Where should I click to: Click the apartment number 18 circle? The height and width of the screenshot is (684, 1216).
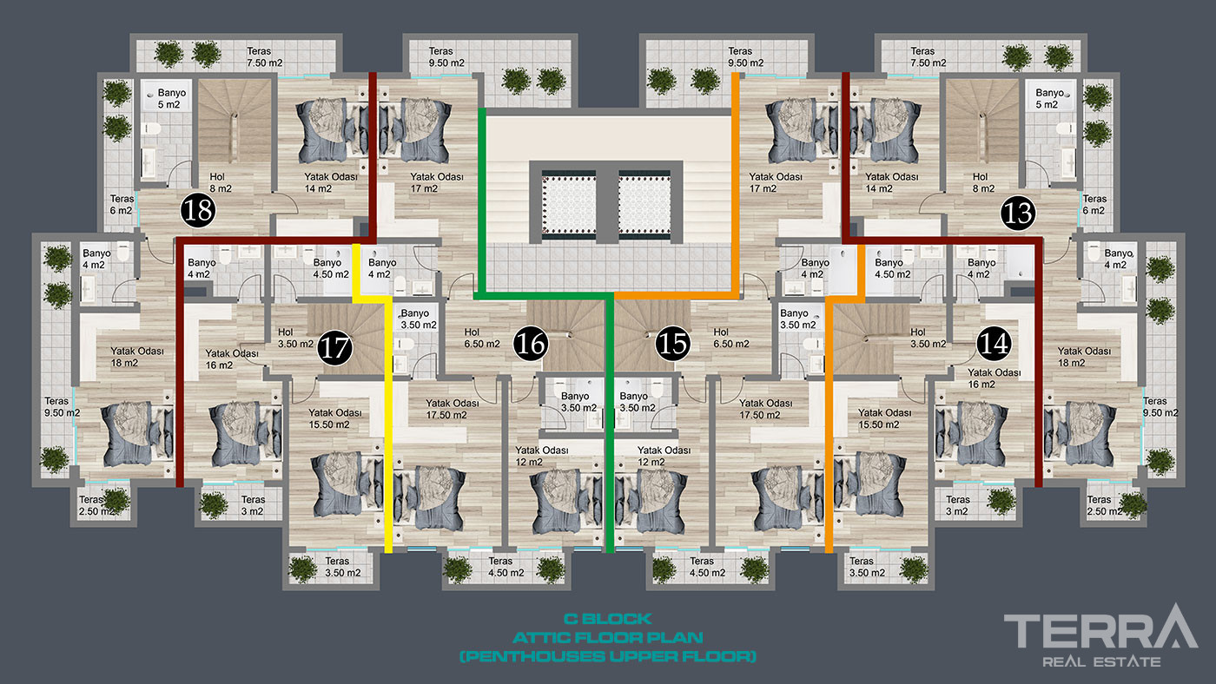pyautogui.click(x=198, y=209)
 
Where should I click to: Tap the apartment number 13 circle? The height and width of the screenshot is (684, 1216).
pyautogui.click(x=1018, y=213)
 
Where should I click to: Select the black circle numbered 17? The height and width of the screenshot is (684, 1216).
pyautogui.click(x=335, y=348)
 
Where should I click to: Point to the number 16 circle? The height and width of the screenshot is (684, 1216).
pyautogui.click(x=531, y=344)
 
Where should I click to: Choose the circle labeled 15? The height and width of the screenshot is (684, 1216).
pyautogui.click(x=673, y=344)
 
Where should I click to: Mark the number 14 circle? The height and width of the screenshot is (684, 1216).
pyautogui.click(x=994, y=344)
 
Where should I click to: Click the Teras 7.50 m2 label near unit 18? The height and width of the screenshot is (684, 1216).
pyautogui.click(x=264, y=57)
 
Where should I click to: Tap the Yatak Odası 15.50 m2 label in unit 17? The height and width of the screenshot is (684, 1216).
pyautogui.click(x=335, y=418)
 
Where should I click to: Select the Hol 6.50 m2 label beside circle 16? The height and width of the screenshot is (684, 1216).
pyautogui.click(x=481, y=338)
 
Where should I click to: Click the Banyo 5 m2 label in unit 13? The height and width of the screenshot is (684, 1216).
pyautogui.click(x=1049, y=99)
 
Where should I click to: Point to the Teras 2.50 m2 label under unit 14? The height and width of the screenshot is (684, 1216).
pyautogui.click(x=1104, y=505)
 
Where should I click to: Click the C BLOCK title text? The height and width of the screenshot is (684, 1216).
pyautogui.click(x=607, y=619)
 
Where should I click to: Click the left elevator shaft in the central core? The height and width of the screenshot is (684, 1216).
pyautogui.click(x=569, y=205)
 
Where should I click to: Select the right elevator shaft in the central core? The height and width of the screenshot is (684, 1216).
pyautogui.click(x=644, y=205)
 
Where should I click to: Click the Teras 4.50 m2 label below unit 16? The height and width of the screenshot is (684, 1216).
pyautogui.click(x=506, y=567)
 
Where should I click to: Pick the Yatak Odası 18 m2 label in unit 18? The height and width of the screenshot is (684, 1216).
pyautogui.click(x=137, y=357)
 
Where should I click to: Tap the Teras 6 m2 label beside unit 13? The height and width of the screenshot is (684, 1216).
pyautogui.click(x=1094, y=205)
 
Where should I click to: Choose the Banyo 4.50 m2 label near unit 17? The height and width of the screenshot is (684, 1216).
pyautogui.click(x=331, y=268)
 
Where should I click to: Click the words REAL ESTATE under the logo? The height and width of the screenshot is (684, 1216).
pyautogui.click(x=1101, y=661)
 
